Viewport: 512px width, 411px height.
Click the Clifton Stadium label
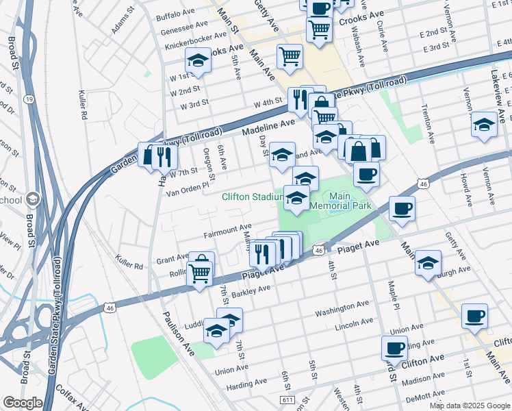pyautogui.click(x=252, y=197)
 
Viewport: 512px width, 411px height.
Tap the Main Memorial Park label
pyautogui.click(x=340, y=199)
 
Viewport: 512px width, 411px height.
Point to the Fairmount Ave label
pyautogui.click(x=227, y=231)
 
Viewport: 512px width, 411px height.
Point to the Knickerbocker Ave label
pyautogui.click(x=194, y=36)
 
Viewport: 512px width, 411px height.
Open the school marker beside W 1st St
pyautogui.click(x=199, y=60)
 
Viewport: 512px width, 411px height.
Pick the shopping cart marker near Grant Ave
pyautogui.click(x=200, y=271)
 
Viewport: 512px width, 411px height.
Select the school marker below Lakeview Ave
pyautogui.click(x=484, y=124)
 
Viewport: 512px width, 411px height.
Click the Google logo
pyautogui.click(x=23, y=402)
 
